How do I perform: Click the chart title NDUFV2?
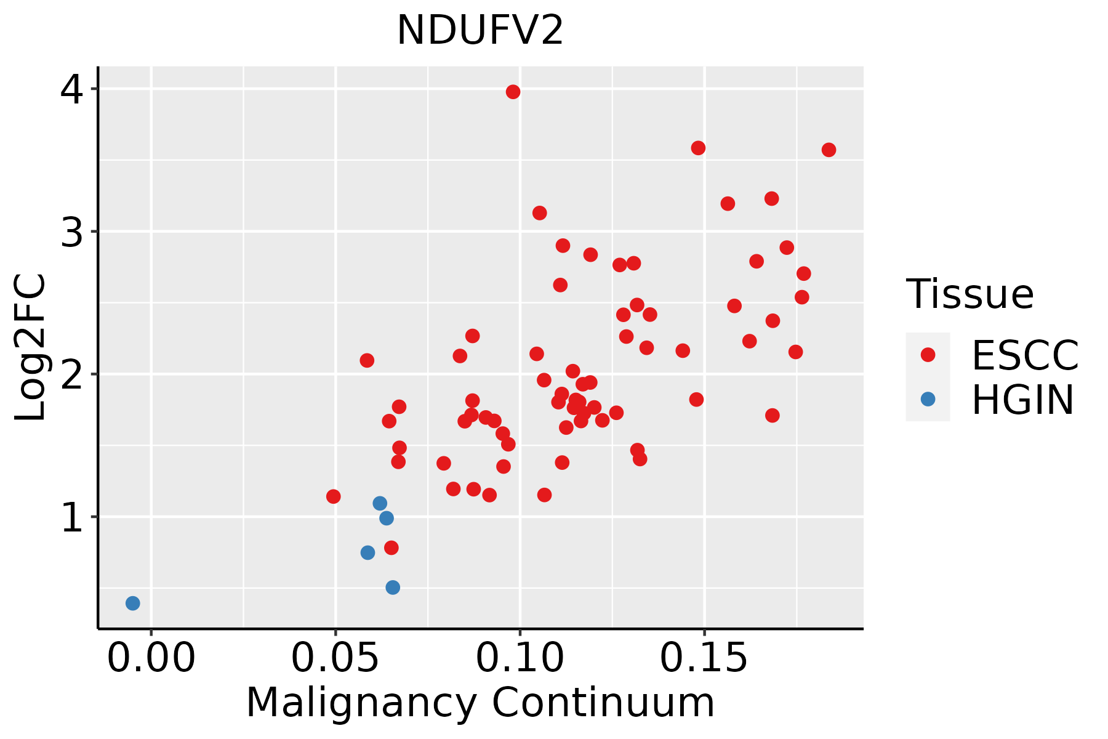[480, 31]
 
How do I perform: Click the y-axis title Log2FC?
[31, 347]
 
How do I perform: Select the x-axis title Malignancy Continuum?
[480, 703]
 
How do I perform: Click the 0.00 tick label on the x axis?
[151, 658]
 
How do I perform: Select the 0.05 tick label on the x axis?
[335, 658]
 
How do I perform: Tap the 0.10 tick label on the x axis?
[520, 658]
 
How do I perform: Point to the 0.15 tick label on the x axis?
[705, 658]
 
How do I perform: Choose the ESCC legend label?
[1025, 355]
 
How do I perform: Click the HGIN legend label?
[1023, 400]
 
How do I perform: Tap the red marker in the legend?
[928, 355]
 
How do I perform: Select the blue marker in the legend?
[928, 399]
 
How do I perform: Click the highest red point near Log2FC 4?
[513, 92]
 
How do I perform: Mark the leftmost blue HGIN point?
[132, 603]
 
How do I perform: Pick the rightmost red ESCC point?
[829, 150]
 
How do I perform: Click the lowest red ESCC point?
[391, 547]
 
